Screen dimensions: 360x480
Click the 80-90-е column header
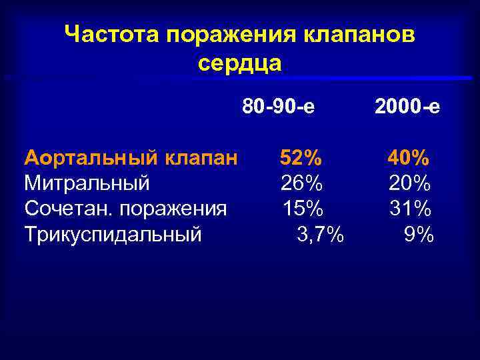point(279,107)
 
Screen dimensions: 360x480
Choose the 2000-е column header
point(407,107)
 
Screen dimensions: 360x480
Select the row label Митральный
point(87,183)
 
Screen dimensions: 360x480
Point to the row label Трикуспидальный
point(113,235)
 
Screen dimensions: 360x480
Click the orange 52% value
point(301,158)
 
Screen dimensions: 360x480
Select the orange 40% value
point(409,158)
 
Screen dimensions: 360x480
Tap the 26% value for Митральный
point(301,183)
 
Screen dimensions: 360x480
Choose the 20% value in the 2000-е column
point(410,183)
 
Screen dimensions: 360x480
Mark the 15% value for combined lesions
point(303,209)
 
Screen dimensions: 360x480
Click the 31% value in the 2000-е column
point(410,209)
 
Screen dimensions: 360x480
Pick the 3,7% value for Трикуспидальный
point(319,235)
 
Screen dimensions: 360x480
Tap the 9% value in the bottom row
point(419,235)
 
